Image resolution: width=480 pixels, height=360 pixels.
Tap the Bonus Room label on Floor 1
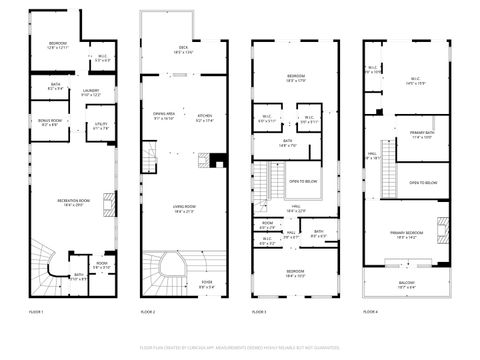click(49, 123)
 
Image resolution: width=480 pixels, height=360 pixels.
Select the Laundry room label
click(91, 93)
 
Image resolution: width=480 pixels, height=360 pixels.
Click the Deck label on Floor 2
click(183, 49)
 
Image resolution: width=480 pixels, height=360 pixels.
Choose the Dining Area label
click(164, 116)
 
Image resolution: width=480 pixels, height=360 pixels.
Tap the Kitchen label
click(205, 116)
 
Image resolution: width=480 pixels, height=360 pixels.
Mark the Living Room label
click(183, 208)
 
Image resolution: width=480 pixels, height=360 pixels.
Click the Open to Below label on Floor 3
click(303, 181)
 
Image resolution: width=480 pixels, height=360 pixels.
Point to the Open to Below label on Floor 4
click(423, 183)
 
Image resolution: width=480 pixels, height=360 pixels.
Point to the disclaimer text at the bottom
click(240, 347)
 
